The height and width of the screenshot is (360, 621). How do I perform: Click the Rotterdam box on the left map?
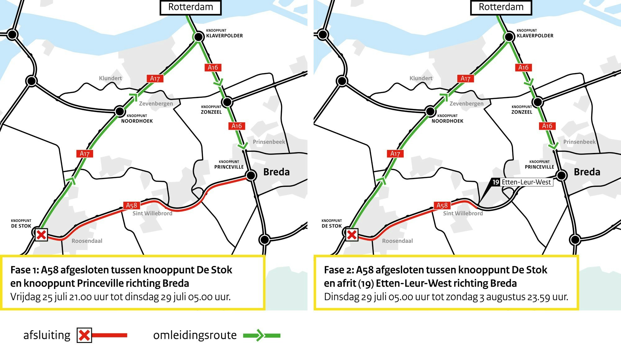coord(190,7)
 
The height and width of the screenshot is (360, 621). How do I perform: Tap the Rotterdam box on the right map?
coord(501,7)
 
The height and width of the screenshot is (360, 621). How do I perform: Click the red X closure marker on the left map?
coord(41,235)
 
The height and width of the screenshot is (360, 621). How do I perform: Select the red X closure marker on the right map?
coord(352,235)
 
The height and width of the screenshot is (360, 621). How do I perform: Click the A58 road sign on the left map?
coord(131,205)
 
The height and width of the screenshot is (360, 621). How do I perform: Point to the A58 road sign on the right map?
coord(442,205)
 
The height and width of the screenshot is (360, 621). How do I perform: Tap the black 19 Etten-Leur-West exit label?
coord(496,182)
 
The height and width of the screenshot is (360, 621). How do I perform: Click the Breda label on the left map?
coord(276,172)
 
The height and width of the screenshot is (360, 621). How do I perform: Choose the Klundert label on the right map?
coord(421,78)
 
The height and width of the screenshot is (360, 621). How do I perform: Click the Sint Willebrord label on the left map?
coord(152,214)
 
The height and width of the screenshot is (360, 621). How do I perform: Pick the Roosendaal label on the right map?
coord(397,241)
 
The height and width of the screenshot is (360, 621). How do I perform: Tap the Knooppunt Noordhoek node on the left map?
coord(120,111)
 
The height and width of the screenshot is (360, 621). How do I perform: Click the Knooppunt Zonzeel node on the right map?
coord(538,102)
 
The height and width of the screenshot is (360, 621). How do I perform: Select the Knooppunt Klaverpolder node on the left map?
coord(199,37)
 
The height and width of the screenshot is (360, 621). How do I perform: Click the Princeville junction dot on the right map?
coord(561,175)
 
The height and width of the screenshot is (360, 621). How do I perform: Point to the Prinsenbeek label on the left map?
coord(269,142)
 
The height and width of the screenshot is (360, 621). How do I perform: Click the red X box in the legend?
coord(84,335)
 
